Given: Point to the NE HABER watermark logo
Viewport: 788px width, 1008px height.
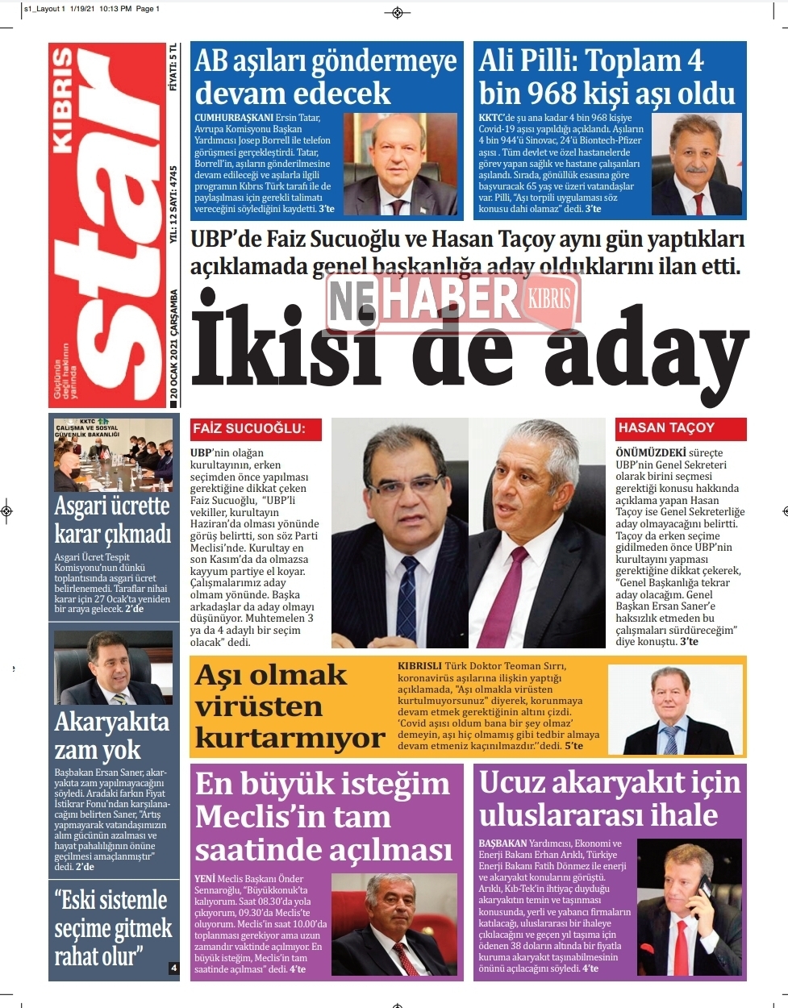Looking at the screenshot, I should (452, 299).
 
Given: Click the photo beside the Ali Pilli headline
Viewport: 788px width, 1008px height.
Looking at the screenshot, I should (697, 165).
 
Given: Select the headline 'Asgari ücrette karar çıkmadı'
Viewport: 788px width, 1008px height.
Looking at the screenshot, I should (113, 519).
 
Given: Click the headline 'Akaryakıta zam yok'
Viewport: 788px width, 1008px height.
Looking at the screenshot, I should (112, 735).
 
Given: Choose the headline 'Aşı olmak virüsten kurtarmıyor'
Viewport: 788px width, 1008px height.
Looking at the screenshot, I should (289, 706).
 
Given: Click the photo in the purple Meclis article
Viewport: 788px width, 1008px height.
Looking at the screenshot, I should (395, 924).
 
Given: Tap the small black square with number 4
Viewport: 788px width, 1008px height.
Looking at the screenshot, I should (173, 968).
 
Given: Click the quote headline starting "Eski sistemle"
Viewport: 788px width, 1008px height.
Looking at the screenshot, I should (112, 928).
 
